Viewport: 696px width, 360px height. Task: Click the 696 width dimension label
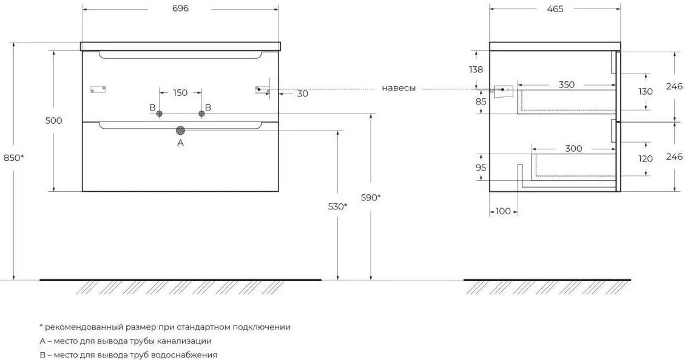click(x=180, y=8)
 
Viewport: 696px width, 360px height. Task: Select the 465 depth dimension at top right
click(x=555, y=8)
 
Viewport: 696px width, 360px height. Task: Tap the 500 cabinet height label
click(x=53, y=120)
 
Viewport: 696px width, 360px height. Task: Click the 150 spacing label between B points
click(x=180, y=93)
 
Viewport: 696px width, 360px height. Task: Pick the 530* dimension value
click(x=337, y=206)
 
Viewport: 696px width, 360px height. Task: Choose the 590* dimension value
click(x=370, y=197)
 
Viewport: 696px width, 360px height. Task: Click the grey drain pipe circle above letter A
click(x=180, y=130)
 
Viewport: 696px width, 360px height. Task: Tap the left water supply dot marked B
click(x=160, y=114)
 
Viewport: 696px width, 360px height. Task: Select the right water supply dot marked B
click(x=201, y=114)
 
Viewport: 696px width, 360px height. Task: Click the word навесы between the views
click(x=399, y=88)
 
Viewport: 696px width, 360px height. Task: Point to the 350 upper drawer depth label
click(x=566, y=84)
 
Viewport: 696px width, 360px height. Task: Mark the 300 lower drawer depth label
click(x=573, y=148)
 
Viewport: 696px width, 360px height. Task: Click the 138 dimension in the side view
click(x=476, y=69)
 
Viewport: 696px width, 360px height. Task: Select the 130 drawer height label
click(x=646, y=92)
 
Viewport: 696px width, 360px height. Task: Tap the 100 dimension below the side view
click(x=503, y=211)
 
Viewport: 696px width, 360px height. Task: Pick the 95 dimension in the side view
click(x=481, y=167)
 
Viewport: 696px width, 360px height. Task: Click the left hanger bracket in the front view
click(x=98, y=90)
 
